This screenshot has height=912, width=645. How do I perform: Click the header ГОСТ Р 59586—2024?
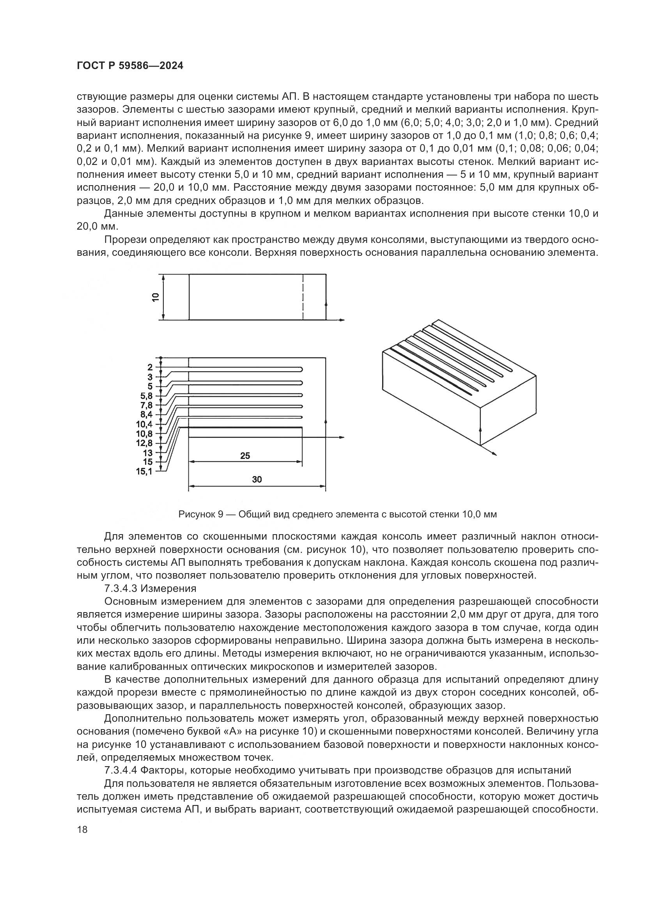[130, 66]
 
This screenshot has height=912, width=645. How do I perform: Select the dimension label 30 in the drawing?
[257, 480]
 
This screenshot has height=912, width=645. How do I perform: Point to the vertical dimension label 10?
[155, 297]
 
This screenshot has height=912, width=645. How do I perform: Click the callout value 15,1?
[144, 471]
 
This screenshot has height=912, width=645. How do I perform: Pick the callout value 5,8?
[146, 396]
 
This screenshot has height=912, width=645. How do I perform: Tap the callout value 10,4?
[145, 424]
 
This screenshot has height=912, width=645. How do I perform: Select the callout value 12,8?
[145, 443]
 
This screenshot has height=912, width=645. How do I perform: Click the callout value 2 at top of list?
[150, 367]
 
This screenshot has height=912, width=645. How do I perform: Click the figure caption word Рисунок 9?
[200, 514]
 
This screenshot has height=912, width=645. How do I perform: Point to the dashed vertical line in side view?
[303, 297]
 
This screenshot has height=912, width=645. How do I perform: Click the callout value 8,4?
[146, 415]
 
